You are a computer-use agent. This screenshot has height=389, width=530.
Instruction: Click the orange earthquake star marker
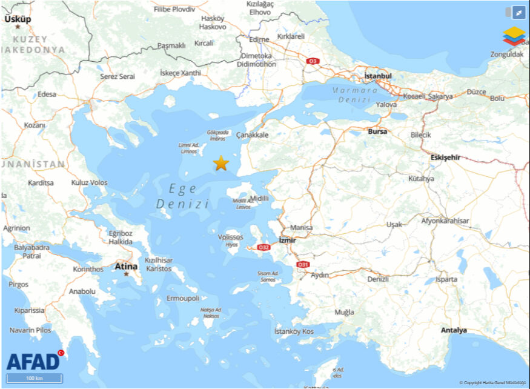pyautogui.click(x=221, y=163)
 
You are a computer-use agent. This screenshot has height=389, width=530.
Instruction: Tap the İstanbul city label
pyautogui.click(x=378, y=76)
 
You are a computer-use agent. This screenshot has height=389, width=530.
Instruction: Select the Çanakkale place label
pyautogui.click(x=252, y=135)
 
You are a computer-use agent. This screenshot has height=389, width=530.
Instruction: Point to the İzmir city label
pyautogui.click(x=287, y=240)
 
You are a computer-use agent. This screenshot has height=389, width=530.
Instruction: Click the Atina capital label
pyautogui.click(x=126, y=265)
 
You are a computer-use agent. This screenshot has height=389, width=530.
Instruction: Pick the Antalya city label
pyautogui.click(x=454, y=330)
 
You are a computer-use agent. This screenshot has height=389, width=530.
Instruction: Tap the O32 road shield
pyautogui.click(x=263, y=247)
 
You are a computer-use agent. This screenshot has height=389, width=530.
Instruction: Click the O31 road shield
pyautogui.click(x=302, y=264)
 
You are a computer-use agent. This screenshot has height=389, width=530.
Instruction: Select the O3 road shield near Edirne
pyautogui.click(x=313, y=61)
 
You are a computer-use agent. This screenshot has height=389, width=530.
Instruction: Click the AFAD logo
pyautogui.click(x=34, y=361)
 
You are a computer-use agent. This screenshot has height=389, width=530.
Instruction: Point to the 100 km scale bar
pyautogui.click(x=34, y=378)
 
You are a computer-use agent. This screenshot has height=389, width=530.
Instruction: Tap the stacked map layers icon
pyautogui.click(x=514, y=36)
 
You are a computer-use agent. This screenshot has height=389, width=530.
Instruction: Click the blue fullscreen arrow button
pyautogui.click(x=518, y=12)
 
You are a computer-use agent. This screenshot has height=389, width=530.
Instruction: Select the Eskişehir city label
pyautogui.click(x=445, y=158)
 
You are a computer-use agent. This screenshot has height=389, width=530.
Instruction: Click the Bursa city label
pyautogui.click(x=377, y=131)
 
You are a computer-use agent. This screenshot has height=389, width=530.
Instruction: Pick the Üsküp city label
pyautogui.click(x=18, y=19)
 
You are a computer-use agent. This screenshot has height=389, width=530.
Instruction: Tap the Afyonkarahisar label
pyautogui.click(x=445, y=221)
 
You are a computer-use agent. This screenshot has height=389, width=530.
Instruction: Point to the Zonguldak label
pyautogui.click(x=506, y=54)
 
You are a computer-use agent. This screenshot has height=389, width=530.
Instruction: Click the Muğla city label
pyautogui.click(x=344, y=312)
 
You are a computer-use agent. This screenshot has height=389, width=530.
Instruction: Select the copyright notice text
pyautogui.click(x=492, y=383)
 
